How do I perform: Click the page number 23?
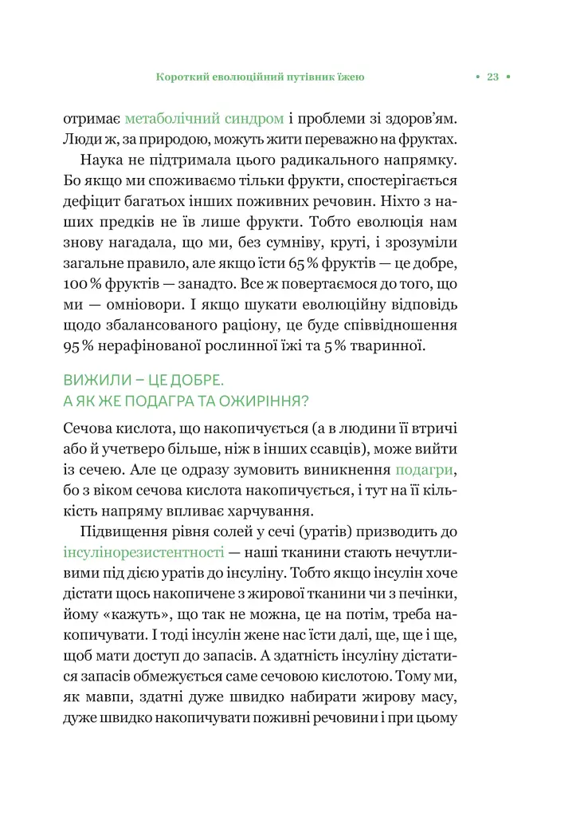(492, 77)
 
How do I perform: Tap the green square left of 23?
(476, 77)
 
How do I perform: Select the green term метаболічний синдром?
(205, 118)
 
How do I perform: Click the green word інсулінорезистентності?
(143, 551)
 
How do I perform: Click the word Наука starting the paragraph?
(108, 160)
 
